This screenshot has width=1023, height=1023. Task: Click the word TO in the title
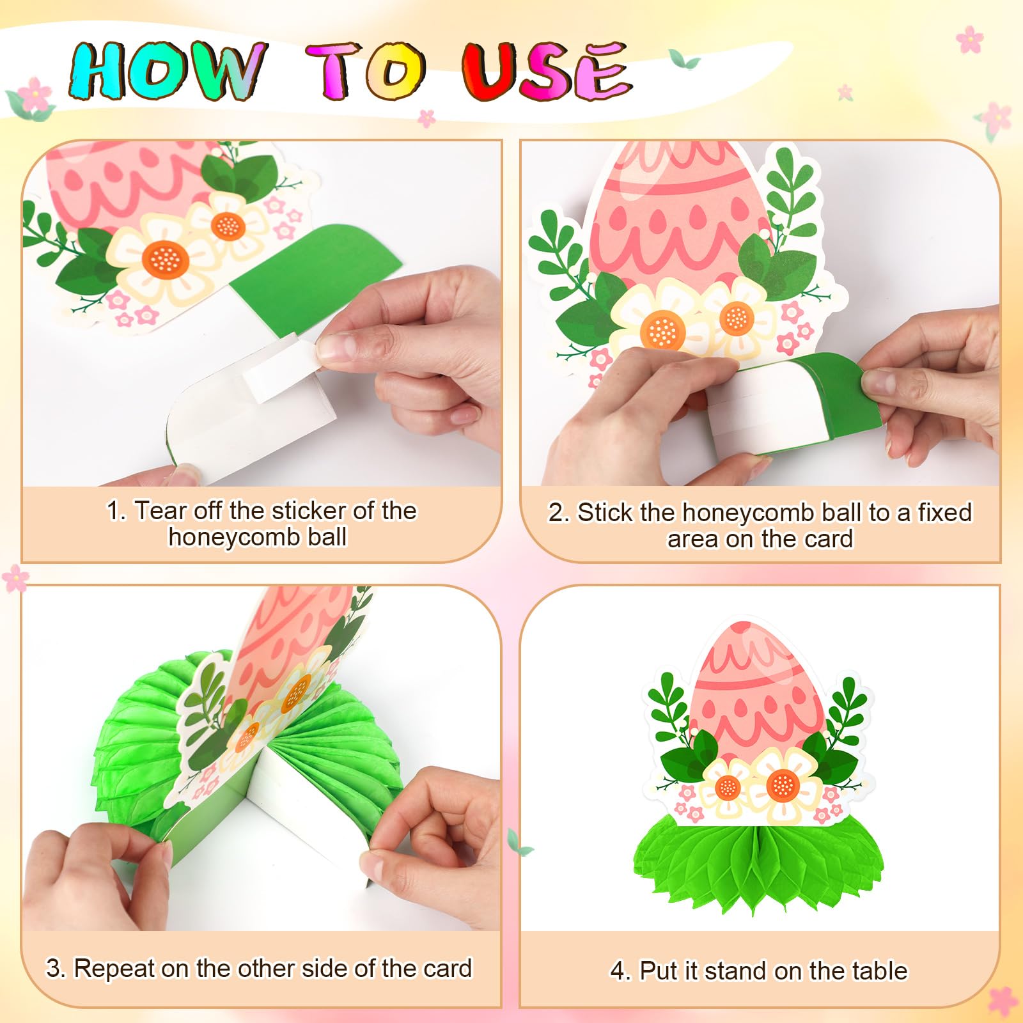tap(365, 71)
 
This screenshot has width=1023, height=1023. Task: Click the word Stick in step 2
tap(605, 513)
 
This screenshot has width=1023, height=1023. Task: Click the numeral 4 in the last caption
tap(618, 971)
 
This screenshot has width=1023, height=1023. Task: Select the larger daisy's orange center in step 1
tap(165, 259)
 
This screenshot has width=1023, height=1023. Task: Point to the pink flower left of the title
tap(35, 94)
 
